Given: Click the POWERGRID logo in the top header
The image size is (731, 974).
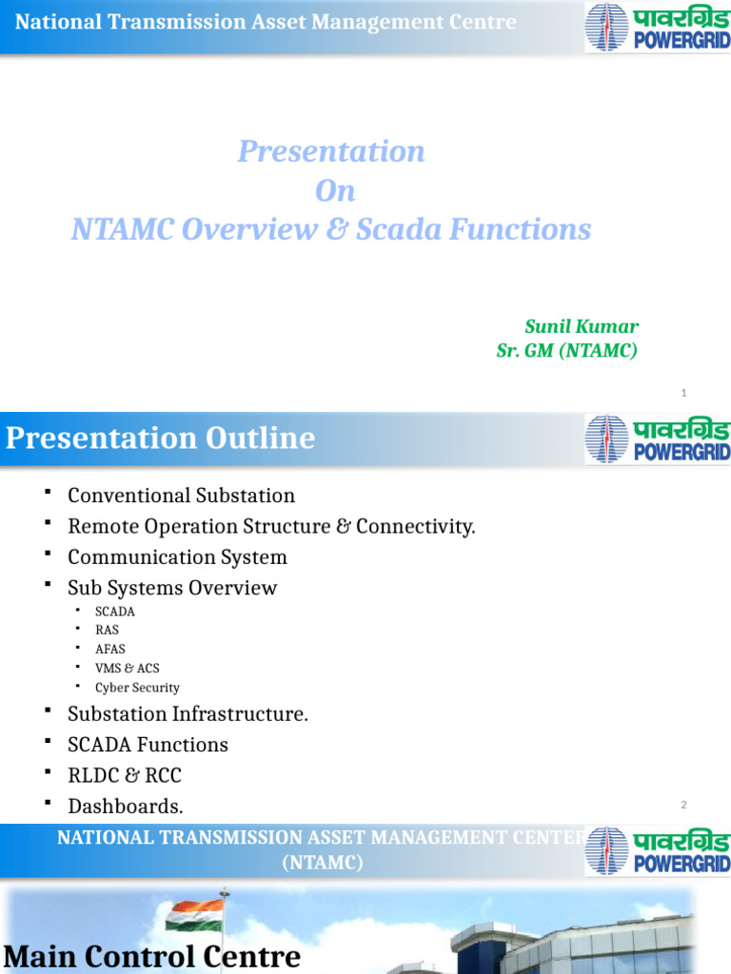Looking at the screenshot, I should [657, 28].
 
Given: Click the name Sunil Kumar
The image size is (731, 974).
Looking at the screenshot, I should [581, 326].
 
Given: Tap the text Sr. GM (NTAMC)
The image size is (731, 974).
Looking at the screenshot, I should [566, 351].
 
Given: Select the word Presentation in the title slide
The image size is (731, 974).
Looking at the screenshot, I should [331, 151].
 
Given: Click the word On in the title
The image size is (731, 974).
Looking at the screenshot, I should [335, 190].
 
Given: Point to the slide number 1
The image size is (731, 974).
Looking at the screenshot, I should [683, 393].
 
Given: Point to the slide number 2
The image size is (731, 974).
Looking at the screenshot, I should [683, 806].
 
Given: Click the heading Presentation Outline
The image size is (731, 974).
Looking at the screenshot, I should [160, 438].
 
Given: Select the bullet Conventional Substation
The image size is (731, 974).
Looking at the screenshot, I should [181, 496].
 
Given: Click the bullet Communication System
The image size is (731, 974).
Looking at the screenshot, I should [177, 556].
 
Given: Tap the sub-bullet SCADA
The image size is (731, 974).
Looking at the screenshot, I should [115, 612].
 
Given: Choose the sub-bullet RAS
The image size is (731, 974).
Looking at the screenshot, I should [107, 630].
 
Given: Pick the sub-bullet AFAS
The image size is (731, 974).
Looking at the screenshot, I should [109, 649].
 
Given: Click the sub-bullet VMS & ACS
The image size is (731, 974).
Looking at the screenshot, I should [127, 668].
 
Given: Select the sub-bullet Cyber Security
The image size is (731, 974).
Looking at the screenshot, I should [137, 688].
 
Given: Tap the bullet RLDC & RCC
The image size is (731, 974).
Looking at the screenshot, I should [124, 775].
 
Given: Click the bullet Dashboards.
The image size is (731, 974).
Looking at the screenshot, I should [125, 807].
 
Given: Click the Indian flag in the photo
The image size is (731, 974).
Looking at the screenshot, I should [194, 915].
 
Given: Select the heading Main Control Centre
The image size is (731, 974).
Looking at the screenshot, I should [152, 956].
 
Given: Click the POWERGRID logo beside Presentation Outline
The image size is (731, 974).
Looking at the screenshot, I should [657, 439].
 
